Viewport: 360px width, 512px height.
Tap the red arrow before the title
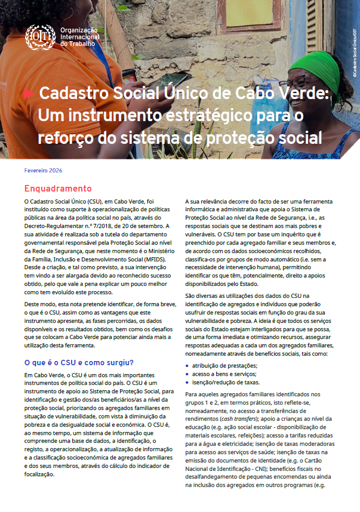tap(29, 94)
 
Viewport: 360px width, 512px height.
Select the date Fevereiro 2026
tap(43, 170)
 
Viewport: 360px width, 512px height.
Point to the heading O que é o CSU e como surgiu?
tap(79, 362)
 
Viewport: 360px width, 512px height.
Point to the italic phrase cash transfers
tap(233, 419)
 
